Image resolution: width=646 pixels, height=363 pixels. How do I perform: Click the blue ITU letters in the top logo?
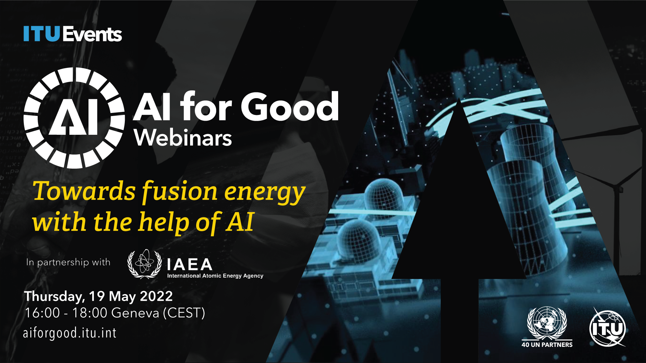pyautogui.click(x=42, y=34)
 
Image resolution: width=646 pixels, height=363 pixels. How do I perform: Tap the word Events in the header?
pyautogui.click(x=92, y=34)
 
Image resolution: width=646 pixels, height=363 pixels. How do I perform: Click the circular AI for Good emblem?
pyautogui.click(x=74, y=118)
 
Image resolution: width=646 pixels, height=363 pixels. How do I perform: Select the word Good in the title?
pyautogui.click(x=290, y=107)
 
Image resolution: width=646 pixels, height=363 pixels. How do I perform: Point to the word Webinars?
pyautogui.click(x=183, y=138)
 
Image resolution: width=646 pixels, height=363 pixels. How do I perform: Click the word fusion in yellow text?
pyautogui.click(x=180, y=192)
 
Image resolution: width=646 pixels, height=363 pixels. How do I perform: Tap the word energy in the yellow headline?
pyautogui.click(x=265, y=193)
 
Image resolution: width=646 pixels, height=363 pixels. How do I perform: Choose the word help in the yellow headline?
pyautogui.click(x=164, y=223)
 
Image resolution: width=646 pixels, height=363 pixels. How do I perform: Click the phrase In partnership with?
pyautogui.click(x=68, y=262)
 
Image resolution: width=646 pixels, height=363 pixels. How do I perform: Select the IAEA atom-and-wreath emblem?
pyautogui.click(x=145, y=264)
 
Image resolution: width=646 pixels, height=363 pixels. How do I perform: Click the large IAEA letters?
pyautogui.click(x=190, y=265)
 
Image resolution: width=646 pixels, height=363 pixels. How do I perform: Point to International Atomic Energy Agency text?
pyautogui.click(x=215, y=276)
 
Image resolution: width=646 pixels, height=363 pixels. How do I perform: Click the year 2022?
pyautogui.click(x=156, y=296)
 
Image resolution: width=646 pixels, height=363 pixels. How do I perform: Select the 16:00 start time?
pyautogui.click(x=42, y=313)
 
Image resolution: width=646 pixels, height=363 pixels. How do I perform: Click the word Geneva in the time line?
pyautogui.click(x=135, y=313)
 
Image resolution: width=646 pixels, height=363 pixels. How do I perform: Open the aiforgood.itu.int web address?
pyautogui.click(x=70, y=333)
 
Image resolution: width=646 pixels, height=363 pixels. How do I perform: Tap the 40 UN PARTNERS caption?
pyautogui.click(x=547, y=345)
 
